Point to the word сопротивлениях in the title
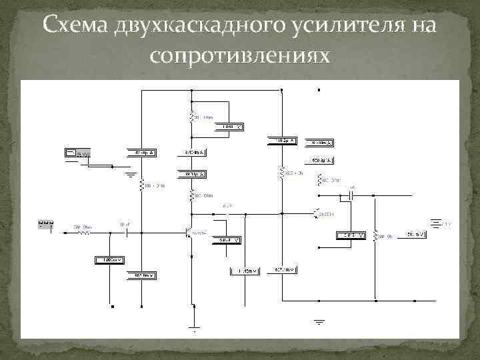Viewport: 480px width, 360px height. (240, 56)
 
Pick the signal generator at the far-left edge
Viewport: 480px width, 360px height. (46, 225)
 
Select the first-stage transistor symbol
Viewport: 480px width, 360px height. (189, 233)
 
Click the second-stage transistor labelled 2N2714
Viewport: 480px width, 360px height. (317, 213)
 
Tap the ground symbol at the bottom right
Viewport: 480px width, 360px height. (320, 323)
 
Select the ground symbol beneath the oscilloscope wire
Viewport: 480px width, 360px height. (131, 176)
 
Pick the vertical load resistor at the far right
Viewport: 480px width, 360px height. (376, 235)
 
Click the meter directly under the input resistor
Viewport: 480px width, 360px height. (109, 259)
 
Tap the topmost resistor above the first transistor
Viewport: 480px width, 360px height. (193, 117)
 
